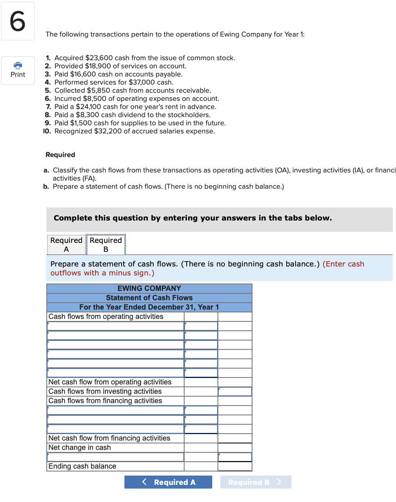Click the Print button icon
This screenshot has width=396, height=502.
18,65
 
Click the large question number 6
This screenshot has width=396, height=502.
17,21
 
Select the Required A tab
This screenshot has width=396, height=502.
66,244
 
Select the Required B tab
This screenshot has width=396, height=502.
106,244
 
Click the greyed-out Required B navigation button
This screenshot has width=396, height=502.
255,482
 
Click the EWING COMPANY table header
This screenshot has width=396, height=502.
149,288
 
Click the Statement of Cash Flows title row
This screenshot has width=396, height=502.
149,298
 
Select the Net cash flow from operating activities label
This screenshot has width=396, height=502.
110,382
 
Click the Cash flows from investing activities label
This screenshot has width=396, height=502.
105,391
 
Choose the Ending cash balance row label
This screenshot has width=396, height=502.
82,466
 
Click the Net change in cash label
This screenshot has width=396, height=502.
80,447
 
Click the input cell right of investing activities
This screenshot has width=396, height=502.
235,391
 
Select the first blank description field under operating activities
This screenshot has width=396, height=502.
115,326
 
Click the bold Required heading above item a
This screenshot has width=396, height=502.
60,155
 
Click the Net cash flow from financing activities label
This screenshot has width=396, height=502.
109,438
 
